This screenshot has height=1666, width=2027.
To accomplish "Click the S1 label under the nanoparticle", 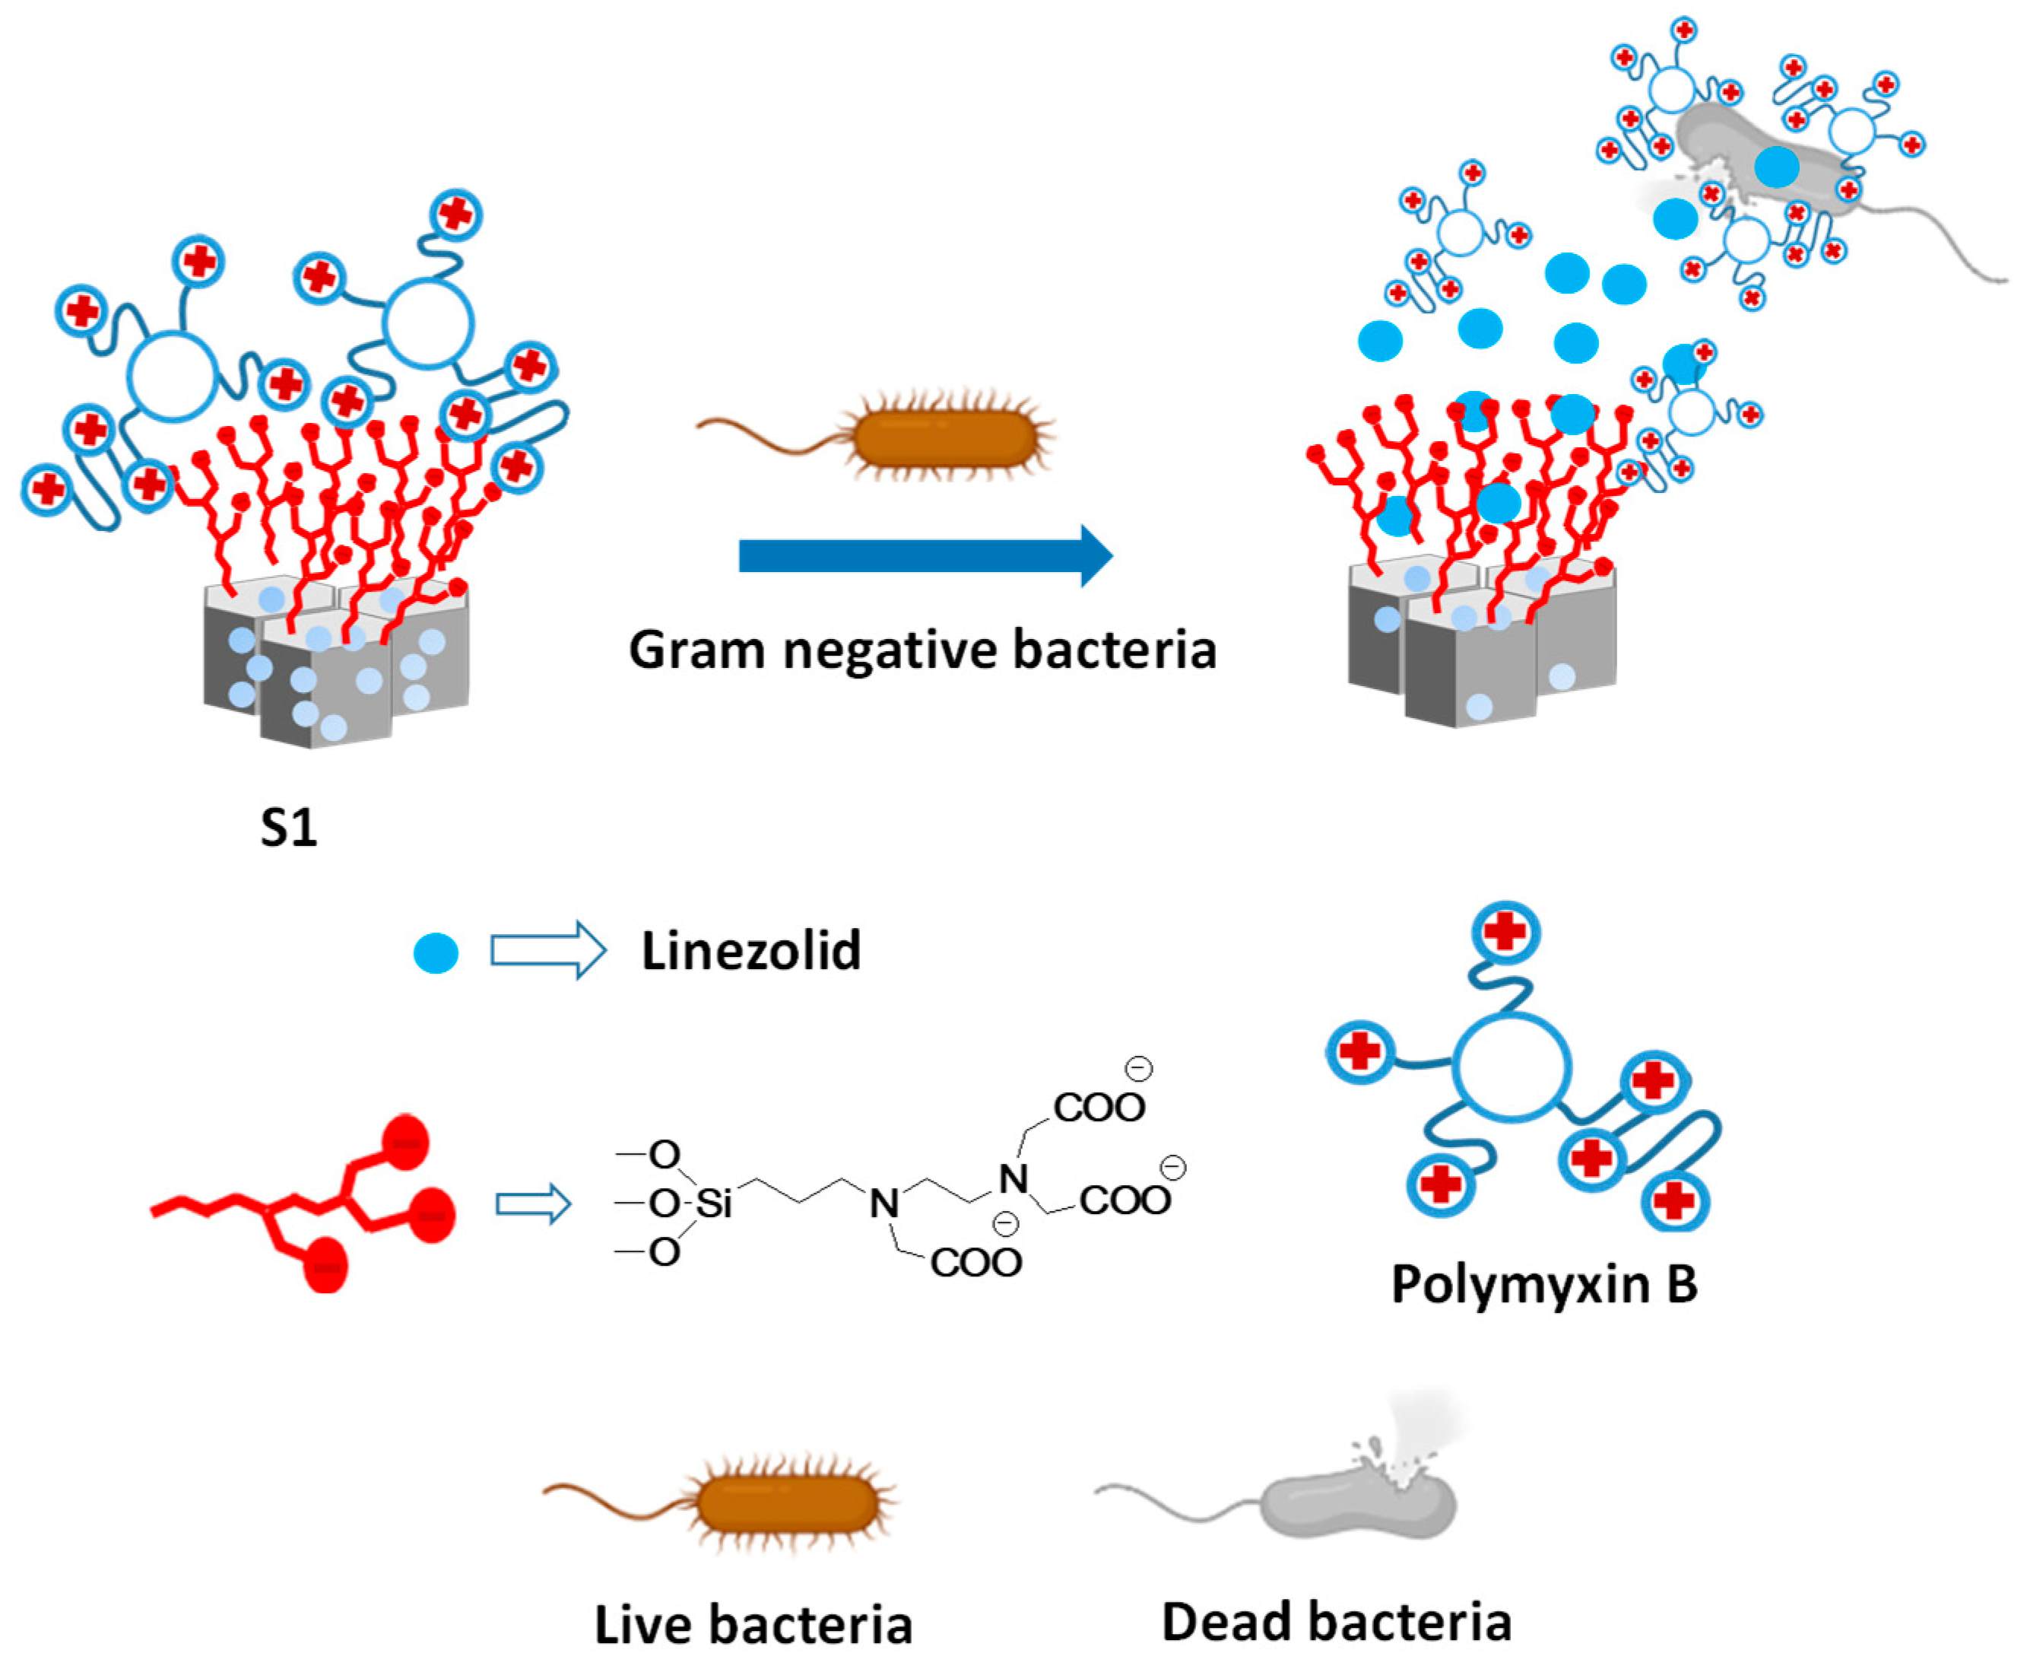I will tap(289, 827).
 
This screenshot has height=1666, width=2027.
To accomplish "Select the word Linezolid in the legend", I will tap(751, 951).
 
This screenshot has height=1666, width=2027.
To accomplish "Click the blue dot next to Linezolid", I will tap(436, 953).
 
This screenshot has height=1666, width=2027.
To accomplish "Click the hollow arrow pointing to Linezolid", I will tap(547, 950).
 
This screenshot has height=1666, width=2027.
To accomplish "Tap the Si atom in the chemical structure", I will tap(714, 1203).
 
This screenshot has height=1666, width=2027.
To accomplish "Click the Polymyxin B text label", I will tap(1543, 1284).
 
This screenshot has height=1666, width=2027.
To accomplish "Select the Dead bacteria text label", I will tap(1337, 1622).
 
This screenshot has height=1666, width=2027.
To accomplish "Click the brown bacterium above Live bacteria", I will tap(787, 1505).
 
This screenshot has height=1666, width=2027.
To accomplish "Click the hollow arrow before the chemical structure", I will tap(532, 1203).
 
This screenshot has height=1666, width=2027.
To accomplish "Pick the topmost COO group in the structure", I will tap(1099, 1108).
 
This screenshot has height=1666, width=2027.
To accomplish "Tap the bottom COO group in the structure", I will tap(975, 1262).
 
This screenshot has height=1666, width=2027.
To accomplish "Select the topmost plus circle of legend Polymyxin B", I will tap(1505, 931).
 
